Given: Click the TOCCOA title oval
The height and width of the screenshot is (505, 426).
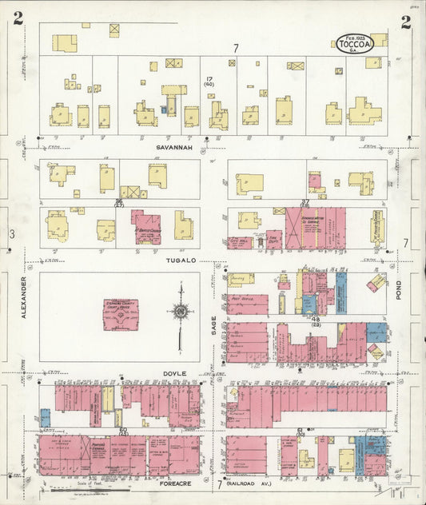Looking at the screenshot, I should (x=353, y=43).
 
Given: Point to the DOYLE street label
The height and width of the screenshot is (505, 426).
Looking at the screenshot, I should (x=173, y=373).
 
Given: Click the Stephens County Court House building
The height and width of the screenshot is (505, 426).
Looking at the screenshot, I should (x=120, y=314).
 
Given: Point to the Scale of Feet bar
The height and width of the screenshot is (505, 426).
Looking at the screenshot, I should (x=88, y=488).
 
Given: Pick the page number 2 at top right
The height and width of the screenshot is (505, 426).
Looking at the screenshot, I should (x=405, y=22).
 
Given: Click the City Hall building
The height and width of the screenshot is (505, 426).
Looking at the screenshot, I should (x=240, y=242).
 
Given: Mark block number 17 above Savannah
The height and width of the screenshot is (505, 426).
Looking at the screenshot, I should (x=209, y=79).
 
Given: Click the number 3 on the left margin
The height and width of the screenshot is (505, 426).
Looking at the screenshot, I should (x=12, y=234).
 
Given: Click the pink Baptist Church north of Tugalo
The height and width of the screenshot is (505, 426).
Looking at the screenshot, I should (x=147, y=227).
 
